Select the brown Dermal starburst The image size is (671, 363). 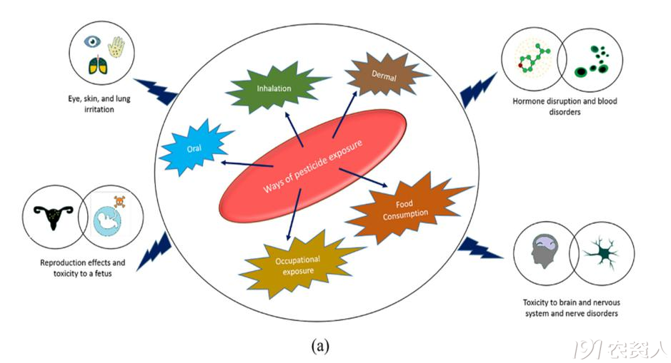point(380,73)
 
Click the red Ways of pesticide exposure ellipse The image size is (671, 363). point(312,165)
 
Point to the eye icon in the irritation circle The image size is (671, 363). point(91,41)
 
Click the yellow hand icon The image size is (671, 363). point(116,46)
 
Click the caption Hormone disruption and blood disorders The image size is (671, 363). point(564,106)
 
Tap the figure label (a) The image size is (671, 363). point(320,346)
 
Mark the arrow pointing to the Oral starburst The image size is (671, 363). point(246,165)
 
